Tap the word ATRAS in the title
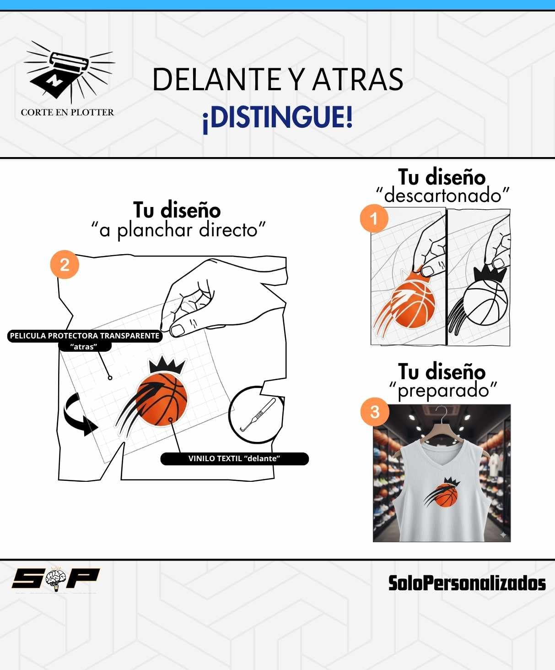click(x=357, y=79)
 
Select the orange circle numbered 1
click(x=374, y=218)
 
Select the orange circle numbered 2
click(x=65, y=264)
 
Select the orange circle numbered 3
click(x=375, y=412)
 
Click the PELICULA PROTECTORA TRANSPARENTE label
click(x=85, y=336)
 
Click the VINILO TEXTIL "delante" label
click(x=234, y=458)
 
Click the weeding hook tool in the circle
click(x=258, y=415)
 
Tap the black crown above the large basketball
click(x=167, y=365)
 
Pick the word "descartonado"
click(x=442, y=195)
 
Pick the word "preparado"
click(x=443, y=391)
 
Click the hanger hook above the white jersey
click(x=442, y=412)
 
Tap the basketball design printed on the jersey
click(x=442, y=493)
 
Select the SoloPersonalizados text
click(x=467, y=583)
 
